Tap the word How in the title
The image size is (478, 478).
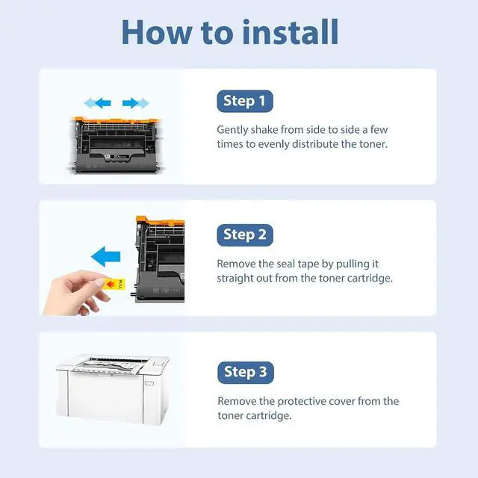tap(157, 32)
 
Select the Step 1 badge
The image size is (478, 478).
tap(245, 101)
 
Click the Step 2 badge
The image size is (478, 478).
tap(245, 235)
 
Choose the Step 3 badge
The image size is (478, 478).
tap(246, 372)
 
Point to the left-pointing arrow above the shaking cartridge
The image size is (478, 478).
tap(98, 103)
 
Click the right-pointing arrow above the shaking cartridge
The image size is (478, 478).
tap(136, 103)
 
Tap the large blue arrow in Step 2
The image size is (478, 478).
tap(106, 256)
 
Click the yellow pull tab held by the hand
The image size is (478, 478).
tap(114, 284)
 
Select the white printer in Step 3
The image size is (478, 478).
tap(112, 389)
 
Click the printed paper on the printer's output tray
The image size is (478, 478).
tap(110, 366)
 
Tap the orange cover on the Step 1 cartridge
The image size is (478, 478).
tap(116, 120)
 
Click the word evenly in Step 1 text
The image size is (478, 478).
tap(274, 144)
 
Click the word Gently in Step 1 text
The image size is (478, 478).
tap(232, 130)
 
